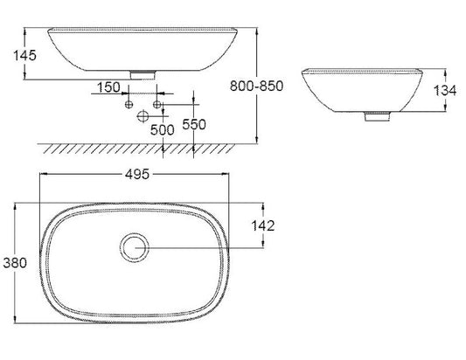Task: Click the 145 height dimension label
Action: click(25, 55)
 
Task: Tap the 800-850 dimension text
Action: click(257, 86)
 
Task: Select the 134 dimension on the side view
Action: click(445, 90)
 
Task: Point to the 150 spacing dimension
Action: click(108, 87)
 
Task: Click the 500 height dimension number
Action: click(163, 130)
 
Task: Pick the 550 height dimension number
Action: click(194, 124)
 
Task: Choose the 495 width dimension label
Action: click(137, 175)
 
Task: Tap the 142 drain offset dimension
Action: click(263, 225)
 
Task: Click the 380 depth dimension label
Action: click(15, 263)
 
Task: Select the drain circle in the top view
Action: click(135, 233)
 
